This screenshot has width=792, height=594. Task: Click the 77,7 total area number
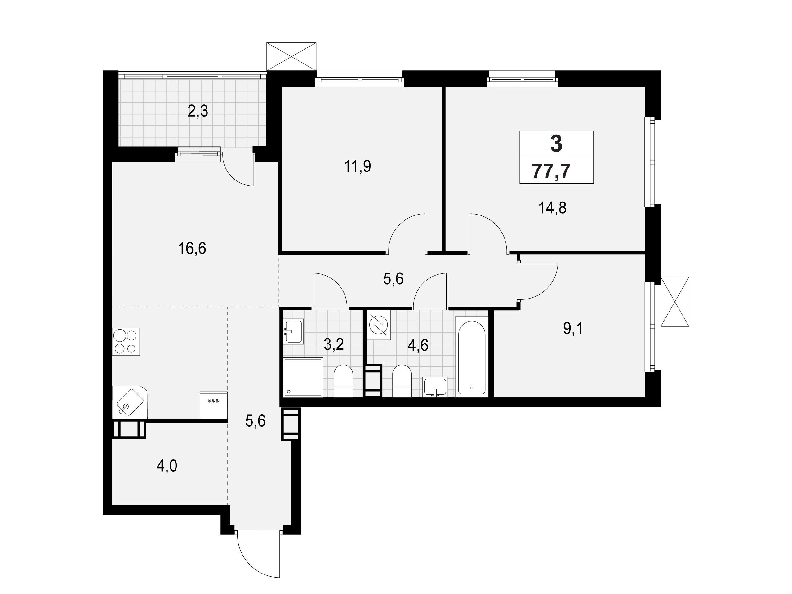551,171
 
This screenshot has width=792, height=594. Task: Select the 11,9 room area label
357,166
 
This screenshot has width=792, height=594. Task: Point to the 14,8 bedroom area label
553,208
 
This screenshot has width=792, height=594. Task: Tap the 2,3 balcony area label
198,112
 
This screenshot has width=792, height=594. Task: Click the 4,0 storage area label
167,466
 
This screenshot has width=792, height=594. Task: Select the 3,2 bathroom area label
334,344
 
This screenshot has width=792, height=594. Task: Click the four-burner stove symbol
126,342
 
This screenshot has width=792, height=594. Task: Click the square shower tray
303,377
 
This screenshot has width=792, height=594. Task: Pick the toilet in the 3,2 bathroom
343,381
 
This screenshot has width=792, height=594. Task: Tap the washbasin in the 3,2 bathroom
293,331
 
